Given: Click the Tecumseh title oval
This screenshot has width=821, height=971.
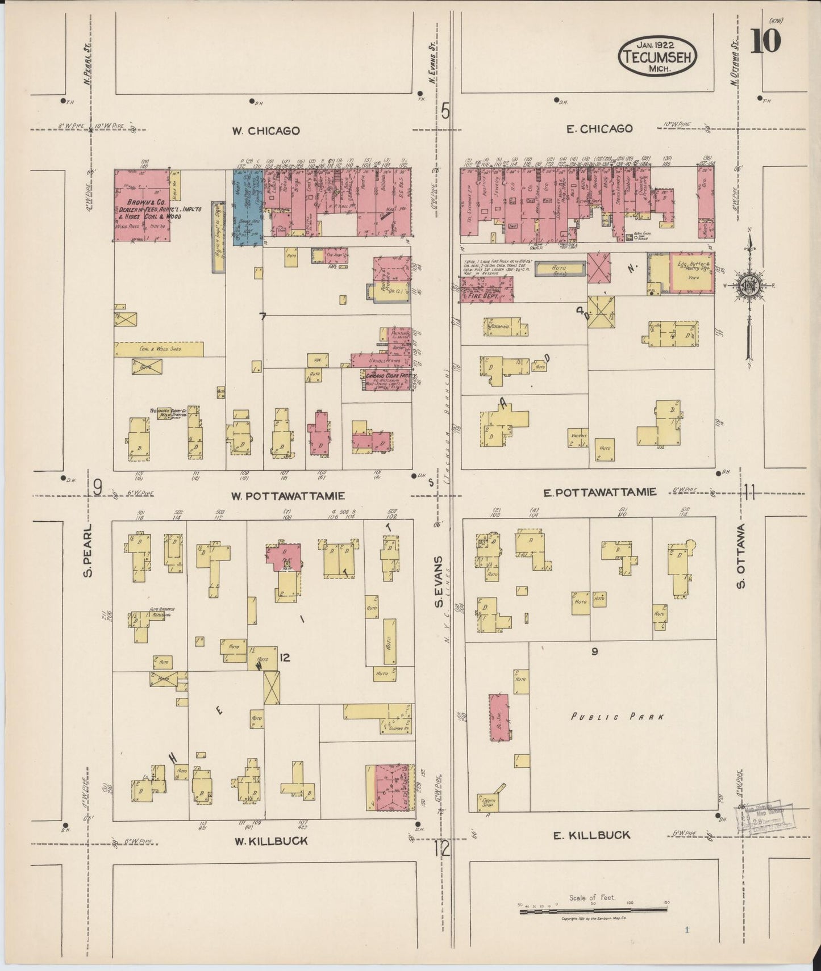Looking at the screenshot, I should pyautogui.click(x=657, y=57).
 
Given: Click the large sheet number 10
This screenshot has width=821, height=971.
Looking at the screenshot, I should pyautogui.click(x=765, y=41).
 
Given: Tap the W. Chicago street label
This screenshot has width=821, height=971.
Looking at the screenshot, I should pyautogui.click(x=265, y=131).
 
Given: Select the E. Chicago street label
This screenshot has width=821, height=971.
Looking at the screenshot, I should pyautogui.click(x=599, y=129).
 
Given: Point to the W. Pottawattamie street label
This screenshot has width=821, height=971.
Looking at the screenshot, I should pyautogui.click(x=288, y=495).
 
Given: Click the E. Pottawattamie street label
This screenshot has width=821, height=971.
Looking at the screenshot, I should pyautogui.click(x=600, y=492).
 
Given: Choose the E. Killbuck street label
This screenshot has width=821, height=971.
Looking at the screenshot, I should pyautogui.click(x=591, y=835).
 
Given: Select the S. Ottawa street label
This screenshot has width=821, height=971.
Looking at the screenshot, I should pyautogui.click(x=741, y=556).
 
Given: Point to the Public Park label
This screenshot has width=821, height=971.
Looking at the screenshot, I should pyautogui.click(x=617, y=717).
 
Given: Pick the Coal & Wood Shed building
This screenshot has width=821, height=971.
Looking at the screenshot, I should pyautogui.click(x=159, y=349).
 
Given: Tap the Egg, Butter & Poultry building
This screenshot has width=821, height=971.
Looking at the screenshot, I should pyautogui.click(x=692, y=273).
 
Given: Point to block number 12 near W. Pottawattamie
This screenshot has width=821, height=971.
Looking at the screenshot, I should pyautogui.click(x=285, y=658).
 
